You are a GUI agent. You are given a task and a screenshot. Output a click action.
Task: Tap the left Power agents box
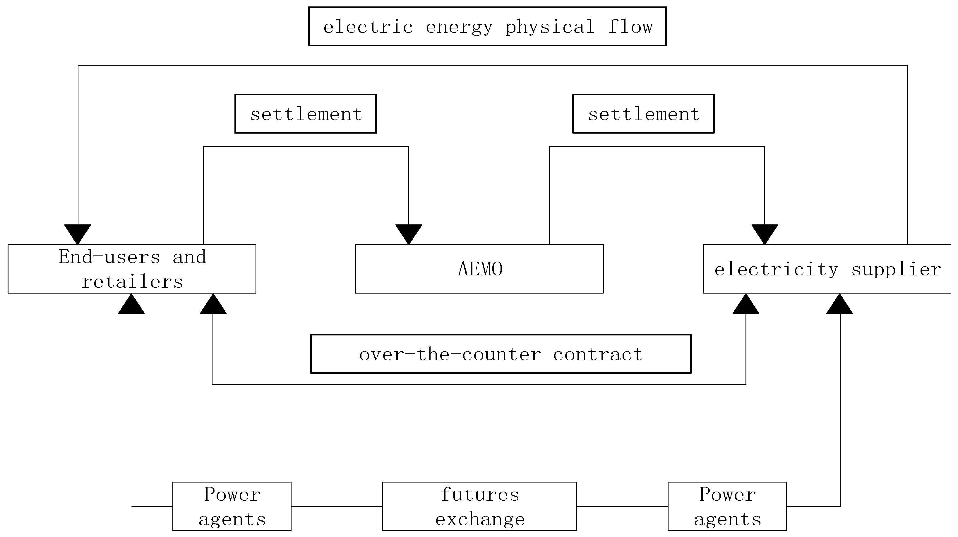pyautogui.click(x=232, y=506)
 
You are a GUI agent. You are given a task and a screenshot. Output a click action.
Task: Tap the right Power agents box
pyautogui.click(x=727, y=506)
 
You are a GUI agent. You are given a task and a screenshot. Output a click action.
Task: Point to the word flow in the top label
pyautogui.click(x=630, y=27)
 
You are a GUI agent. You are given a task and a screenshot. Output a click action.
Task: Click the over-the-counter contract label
pyautogui.click(x=501, y=354)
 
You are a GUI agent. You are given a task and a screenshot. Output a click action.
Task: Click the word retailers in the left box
pyautogui.click(x=132, y=282)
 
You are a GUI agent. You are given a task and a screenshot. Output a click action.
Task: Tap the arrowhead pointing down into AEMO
pyautogui.click(x=408, y=234)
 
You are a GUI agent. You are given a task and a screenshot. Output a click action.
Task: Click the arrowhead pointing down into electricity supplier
pyautogui.click(x=764, y=234)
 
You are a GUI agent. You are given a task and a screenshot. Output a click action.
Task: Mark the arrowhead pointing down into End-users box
pyautogui.click(x=78, y=234)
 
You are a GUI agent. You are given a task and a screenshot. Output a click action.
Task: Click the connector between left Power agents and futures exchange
pyautogui.click(x=337, y=506)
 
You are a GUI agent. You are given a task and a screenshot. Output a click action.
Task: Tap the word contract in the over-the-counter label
pyautogui.click(x=598, y=354)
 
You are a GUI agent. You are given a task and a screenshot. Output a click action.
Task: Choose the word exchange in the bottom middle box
pyautogui.click(x=480, y=519)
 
